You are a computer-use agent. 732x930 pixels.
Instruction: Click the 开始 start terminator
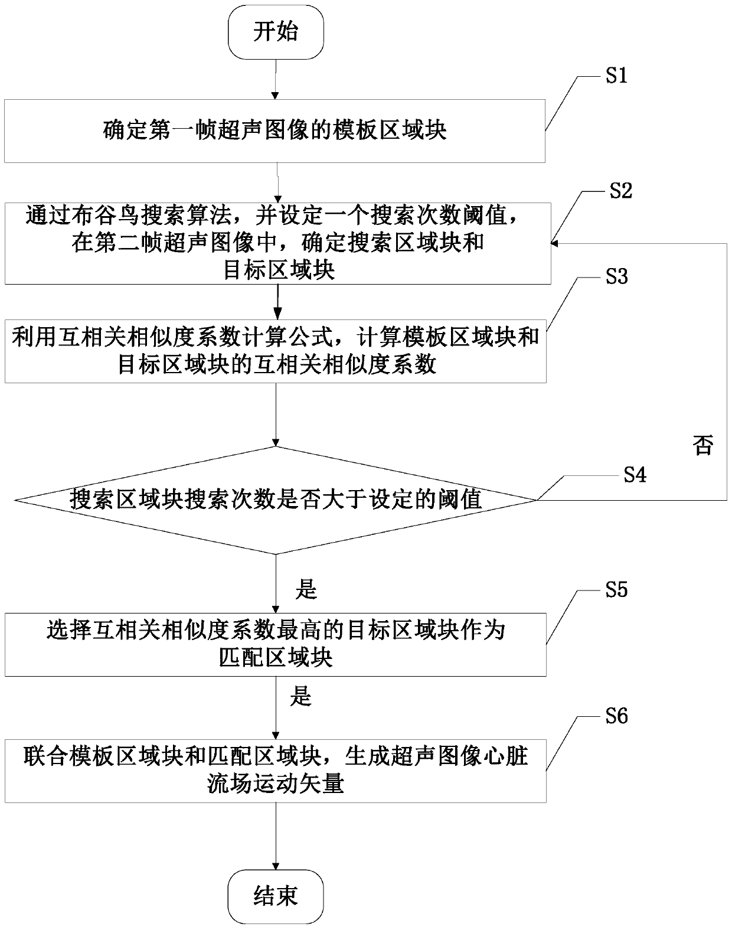[276, 33]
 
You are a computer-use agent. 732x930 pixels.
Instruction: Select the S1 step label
[616, 76]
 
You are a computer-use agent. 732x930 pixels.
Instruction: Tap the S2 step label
[620, 190]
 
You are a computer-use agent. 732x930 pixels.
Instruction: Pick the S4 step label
[635, 475]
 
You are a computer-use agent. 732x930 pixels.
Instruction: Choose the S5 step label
[616, 590]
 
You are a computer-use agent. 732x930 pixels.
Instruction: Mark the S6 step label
[616, 716]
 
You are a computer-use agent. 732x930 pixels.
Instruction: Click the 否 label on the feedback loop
[702, 445]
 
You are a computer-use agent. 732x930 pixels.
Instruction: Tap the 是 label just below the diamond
[306, 589]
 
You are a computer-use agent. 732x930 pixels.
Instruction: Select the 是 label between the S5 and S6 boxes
[300, 697]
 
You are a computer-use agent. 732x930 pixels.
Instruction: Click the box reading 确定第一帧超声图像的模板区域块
[275, 130]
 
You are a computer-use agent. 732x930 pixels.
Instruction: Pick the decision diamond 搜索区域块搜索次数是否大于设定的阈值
[276, 500]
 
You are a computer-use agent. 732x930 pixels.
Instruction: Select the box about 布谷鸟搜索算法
[277, 243]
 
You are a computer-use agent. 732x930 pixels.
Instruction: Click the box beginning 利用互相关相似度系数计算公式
[275, 351]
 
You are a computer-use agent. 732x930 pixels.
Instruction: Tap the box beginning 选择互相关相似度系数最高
[275, 645]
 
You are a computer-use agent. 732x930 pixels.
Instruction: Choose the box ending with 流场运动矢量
[275, 771]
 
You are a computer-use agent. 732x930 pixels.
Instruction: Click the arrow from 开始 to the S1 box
[276, 80]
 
